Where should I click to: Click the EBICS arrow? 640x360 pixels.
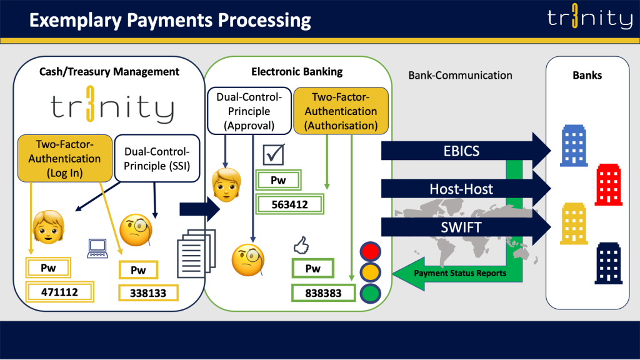coord(462,151)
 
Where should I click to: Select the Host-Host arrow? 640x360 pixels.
coord(462,188)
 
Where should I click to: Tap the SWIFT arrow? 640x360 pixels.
coord(462,226)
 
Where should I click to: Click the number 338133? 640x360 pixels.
coord(149,292)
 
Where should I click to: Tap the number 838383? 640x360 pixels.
coord(323,292)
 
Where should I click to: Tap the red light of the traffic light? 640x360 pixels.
coord(370,251)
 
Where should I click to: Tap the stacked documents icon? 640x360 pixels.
coord(198,252)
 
